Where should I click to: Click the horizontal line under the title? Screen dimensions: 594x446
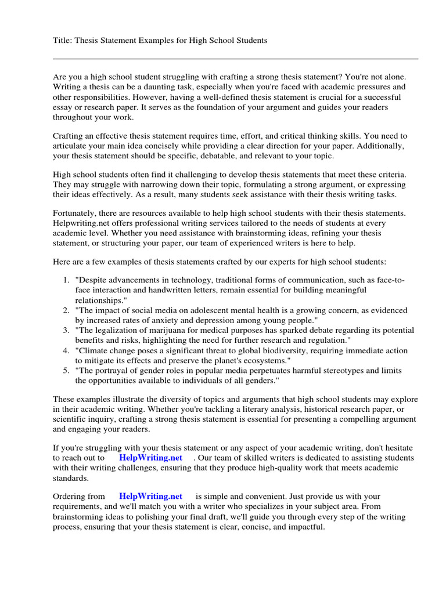pyautogui.click(x=235, y=59)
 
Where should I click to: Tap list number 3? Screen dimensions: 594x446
pyautogui.click(x=66, y=331)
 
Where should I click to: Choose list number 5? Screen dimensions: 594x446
pyautogui.click(x=66, y=371)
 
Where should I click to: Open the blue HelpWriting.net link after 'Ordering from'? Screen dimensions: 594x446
pyautogui.click(x=150, y=497)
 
